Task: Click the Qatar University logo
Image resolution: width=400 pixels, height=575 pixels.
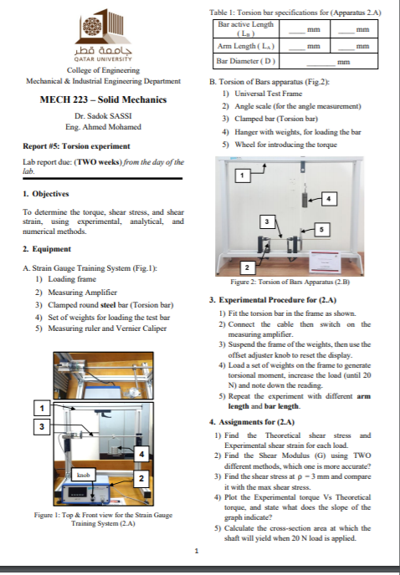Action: tap(103, 36)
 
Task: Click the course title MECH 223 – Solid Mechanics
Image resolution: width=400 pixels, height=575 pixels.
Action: tap(103, 99)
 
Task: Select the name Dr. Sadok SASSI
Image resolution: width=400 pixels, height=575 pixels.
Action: tap(103, 116)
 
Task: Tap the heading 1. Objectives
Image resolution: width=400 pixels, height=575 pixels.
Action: tap(45, 194)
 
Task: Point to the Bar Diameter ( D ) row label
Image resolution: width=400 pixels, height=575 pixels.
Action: tap(246, 61)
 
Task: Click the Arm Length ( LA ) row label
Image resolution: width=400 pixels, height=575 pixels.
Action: tap(246, 46)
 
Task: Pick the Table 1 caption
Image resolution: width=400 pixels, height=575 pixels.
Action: tap(295, 13)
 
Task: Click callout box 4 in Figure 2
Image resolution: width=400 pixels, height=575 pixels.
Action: tap(328, 199)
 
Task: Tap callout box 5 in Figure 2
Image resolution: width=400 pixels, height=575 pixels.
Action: tap(321, 230)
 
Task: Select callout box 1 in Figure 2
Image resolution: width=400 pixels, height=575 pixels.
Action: tap(242, 176)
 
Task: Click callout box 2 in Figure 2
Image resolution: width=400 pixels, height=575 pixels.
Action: tap(247, 267)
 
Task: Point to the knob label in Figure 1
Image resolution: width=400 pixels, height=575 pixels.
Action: tap(84, 475)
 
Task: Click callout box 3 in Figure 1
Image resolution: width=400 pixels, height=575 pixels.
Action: tap(42, 426)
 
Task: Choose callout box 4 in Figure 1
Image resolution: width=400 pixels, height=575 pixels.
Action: tap(141, 455)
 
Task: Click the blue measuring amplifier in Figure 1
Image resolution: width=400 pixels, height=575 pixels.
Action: tap(86, 494)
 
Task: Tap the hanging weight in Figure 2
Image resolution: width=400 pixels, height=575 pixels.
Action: tap(305, 200)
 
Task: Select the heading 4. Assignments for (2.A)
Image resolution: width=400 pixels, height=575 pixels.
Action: tap(252, 422)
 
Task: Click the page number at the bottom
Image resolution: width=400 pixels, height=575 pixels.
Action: tap(197, 551)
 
